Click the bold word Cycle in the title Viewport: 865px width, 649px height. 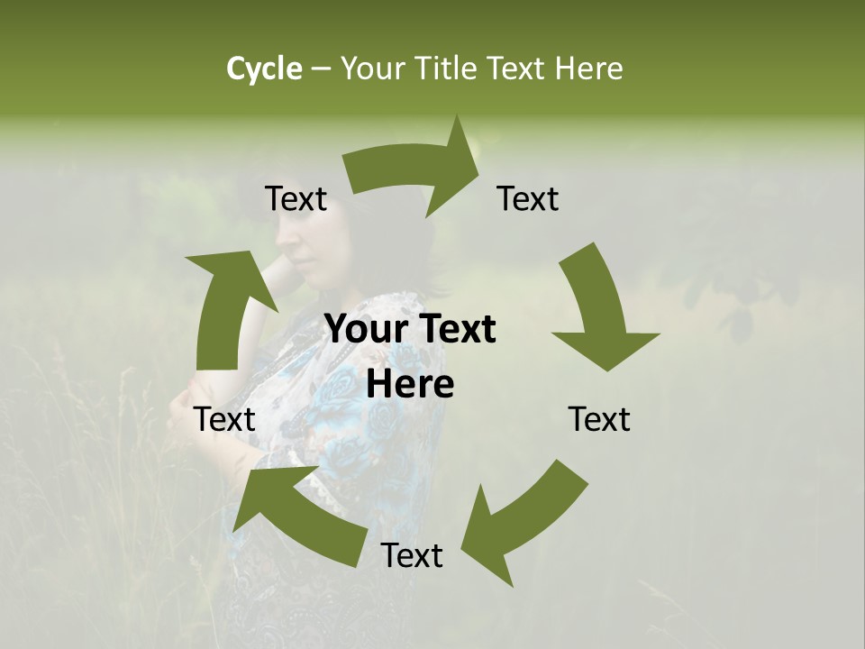tap(264, 69)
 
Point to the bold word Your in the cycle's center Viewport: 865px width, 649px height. tap(364, 329)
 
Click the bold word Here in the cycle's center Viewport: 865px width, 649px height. tap(410, 385)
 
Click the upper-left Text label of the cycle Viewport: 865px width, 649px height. tap(296, 198)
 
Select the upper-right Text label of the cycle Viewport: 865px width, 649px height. tap(528, 198)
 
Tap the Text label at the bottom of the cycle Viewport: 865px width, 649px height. tap(412, 555)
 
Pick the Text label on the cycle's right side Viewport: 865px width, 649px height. tap(599, 419)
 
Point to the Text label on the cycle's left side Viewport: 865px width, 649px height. tap(225, 419)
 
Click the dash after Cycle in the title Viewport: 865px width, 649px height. tap(321, 69)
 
